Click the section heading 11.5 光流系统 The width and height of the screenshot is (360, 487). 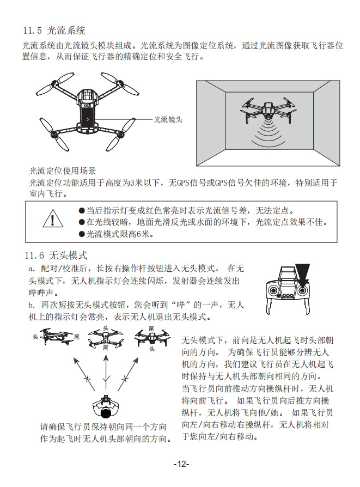point(54,31)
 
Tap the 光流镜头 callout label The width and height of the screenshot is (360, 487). point(167,119)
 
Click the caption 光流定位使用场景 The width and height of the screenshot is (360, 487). point(63,171)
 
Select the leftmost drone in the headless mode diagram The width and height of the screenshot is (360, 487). point(57,337)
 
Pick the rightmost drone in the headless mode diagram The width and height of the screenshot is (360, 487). point(152,338)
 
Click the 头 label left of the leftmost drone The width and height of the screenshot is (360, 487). point(35,337)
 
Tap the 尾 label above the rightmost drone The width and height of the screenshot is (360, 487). point(152,328)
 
